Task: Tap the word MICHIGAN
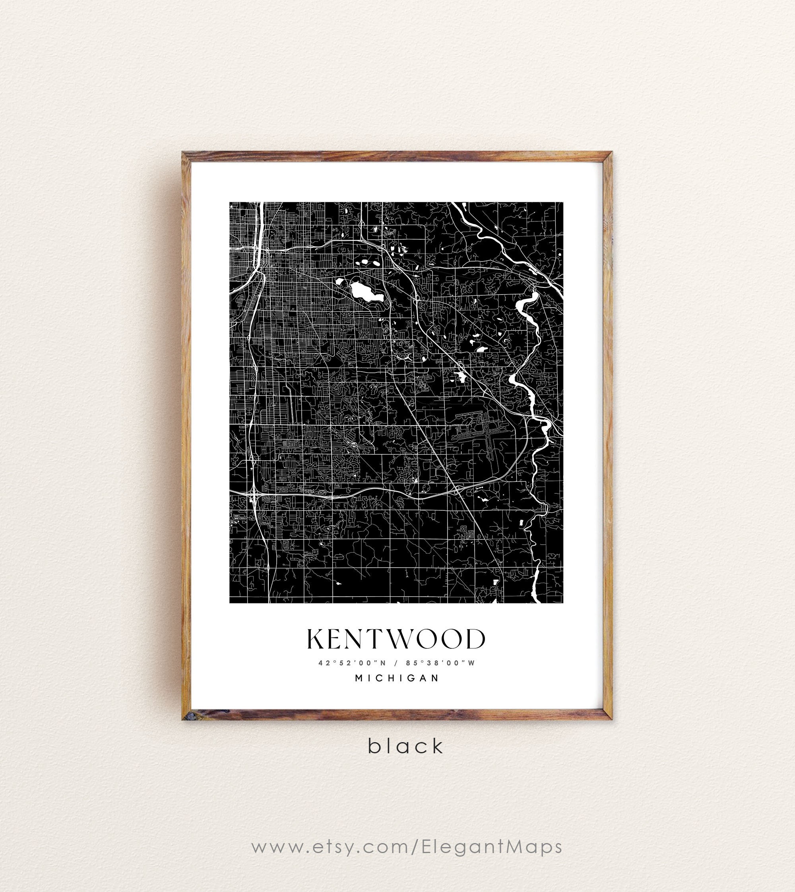pos(397,679)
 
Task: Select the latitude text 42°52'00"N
pos(352,663)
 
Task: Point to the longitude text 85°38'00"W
pos(440,663)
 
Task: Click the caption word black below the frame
pos(405,746)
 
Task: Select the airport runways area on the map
pos(481,432)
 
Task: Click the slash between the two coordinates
pos(396,663)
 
